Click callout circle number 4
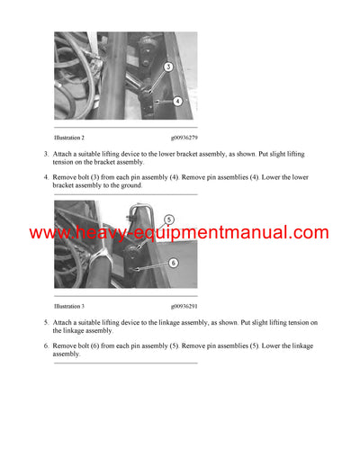coord(177,102)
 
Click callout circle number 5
coord(168,219)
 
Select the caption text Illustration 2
coord(68,138)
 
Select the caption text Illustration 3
coord(68,307)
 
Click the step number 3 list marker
coord(46,155)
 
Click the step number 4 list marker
coord(46,177)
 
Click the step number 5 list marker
coord(46,322)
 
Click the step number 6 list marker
coord(46,345)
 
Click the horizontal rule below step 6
coord(125,363)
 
